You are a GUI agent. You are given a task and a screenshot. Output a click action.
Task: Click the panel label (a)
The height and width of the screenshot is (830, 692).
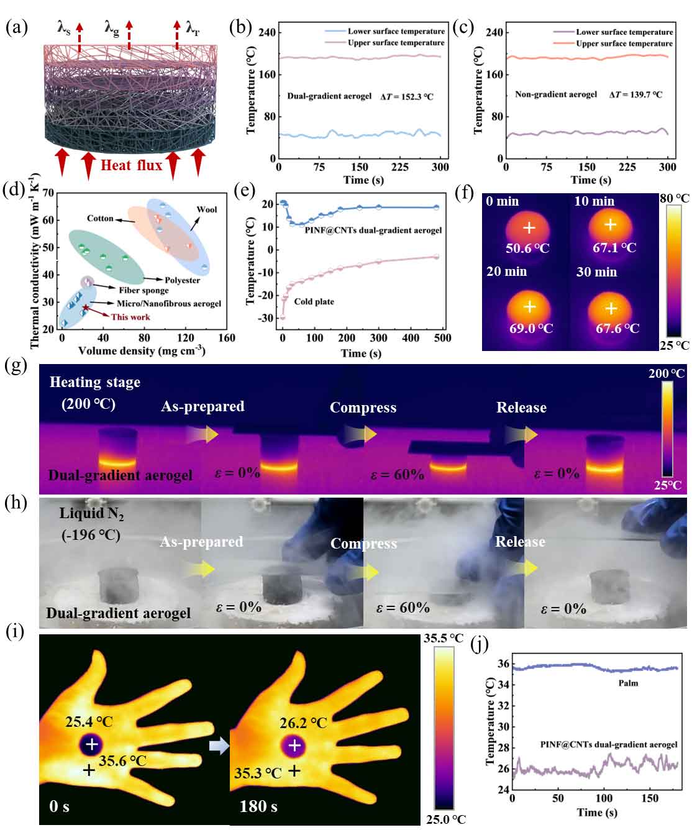tap(17, 27)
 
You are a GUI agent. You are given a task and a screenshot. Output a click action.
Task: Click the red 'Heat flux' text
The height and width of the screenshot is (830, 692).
tap(131, 165)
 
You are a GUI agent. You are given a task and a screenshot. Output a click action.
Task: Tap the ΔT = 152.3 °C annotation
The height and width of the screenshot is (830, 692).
tap(407, 97)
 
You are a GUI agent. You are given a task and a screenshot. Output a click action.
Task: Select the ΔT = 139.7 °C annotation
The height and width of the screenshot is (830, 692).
tap(635, 95)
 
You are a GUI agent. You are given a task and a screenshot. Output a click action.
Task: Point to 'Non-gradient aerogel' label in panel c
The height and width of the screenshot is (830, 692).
tap(555, 94)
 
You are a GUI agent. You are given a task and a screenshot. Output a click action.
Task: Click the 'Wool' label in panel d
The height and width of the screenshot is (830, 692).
tap(207, 209)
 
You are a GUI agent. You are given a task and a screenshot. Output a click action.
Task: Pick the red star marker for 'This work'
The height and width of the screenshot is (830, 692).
tap(86, 308)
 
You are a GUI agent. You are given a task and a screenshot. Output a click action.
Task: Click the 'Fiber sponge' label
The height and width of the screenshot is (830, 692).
tap(143, 290)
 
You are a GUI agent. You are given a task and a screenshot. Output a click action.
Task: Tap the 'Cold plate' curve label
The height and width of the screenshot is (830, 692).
tap(314, 301)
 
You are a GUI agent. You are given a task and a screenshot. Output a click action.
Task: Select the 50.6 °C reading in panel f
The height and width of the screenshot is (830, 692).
tap(528, 248)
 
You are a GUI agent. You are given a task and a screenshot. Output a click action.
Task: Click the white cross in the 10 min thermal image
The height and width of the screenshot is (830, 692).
tap(611, 225)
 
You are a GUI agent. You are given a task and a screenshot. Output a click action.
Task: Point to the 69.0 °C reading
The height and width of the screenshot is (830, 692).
tap(530, 328)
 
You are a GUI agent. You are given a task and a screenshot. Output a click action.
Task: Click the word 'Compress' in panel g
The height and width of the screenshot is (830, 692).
tap(363, 408)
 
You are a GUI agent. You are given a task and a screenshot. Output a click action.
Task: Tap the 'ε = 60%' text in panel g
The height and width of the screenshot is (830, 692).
tap(398, 475)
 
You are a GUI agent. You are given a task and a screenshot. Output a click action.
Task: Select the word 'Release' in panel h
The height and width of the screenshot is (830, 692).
tap(520, 542)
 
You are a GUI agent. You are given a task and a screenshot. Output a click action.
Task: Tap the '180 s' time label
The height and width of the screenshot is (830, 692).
tap(258, 806)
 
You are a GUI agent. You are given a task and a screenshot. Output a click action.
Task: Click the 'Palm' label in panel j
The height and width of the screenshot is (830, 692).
tap(628, 683)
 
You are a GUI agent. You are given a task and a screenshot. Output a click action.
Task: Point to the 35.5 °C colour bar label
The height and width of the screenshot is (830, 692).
tap(444, 638)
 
